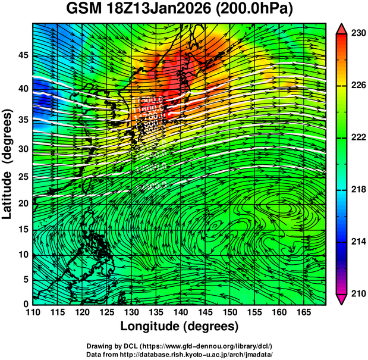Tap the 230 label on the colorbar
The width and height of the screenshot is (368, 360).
358,34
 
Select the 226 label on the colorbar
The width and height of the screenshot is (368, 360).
358,86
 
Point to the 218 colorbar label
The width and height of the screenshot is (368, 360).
358,190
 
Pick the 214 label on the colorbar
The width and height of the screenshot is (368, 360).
358,242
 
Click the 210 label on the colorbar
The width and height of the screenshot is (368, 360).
358,293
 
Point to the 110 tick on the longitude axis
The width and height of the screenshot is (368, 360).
33,312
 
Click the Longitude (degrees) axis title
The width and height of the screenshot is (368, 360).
180,326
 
